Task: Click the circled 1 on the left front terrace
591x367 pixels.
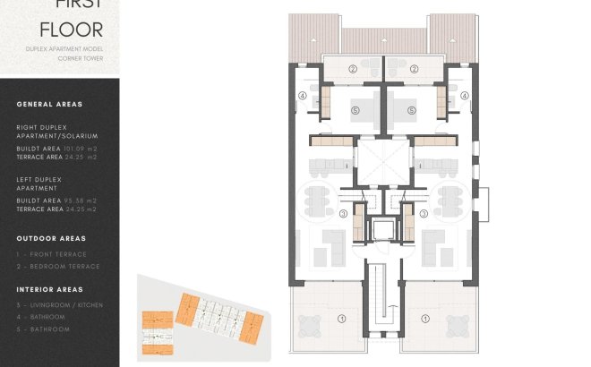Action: (340, 318)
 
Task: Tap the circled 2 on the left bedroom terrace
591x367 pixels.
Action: (353, 68)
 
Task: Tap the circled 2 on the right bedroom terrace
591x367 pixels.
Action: (415, 68)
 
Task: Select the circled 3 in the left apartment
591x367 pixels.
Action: (343, 213)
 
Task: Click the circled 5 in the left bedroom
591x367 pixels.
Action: (355, 110)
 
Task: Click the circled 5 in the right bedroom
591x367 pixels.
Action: (412, 110)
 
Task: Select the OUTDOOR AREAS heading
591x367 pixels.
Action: (51, 239)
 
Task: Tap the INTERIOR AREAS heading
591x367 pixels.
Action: (49, 290)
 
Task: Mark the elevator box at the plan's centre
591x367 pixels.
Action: (383, 228)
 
